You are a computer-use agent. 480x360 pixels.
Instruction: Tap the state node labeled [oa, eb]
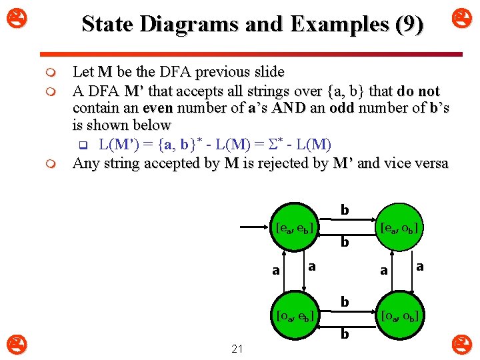[x=293, y=315]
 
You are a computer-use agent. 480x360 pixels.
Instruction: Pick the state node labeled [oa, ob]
[x=398, y=315]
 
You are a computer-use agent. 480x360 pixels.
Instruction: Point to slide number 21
[x=236, y=348]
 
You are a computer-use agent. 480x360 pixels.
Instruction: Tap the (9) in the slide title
[x=409, y=25]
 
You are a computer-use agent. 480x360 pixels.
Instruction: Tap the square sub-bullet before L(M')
[x=83, y=144]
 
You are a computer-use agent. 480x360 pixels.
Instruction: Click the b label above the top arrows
[x=345, y=210]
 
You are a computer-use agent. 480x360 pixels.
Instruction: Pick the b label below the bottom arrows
[x=345, y=333]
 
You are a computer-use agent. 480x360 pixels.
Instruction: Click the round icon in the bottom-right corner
[x=460, y=345]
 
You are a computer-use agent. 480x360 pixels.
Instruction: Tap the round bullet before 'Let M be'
[x=58, y=72]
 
